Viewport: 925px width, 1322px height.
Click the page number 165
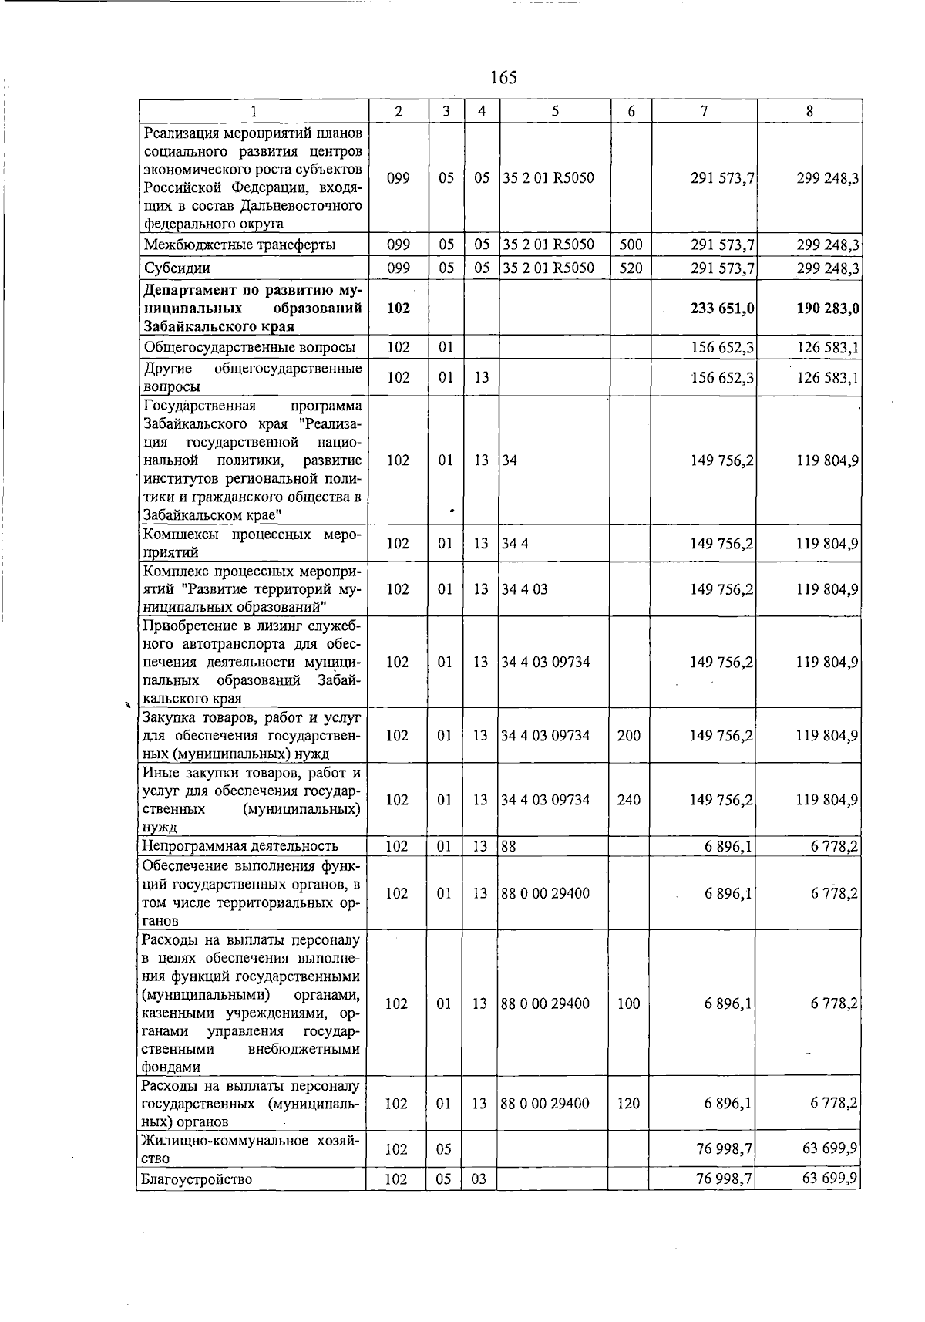point(503,77)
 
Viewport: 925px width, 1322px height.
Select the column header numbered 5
point(555,111)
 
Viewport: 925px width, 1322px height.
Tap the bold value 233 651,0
point(722,309)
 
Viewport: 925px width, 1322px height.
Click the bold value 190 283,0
point(828,309)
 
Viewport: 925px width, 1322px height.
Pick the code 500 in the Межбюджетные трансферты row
point(631,245)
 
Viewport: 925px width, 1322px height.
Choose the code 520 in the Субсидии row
point(631,268)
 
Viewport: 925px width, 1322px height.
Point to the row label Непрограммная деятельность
point(240,847)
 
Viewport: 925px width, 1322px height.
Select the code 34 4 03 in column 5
point(524,589)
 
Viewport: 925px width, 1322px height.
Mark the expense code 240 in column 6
point(629,800)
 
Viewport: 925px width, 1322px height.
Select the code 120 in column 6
point(628,1104)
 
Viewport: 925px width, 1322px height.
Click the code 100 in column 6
point(628,1003)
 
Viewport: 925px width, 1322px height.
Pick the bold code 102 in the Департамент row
point(398,309)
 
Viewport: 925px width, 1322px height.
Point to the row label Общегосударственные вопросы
point(250,347)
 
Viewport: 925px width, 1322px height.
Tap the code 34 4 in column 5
point(514,544)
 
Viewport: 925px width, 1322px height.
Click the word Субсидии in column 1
point(177,268)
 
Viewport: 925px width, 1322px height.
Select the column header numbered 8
point(809,111)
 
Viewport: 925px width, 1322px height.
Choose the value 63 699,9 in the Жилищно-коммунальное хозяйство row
point(829,1149)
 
